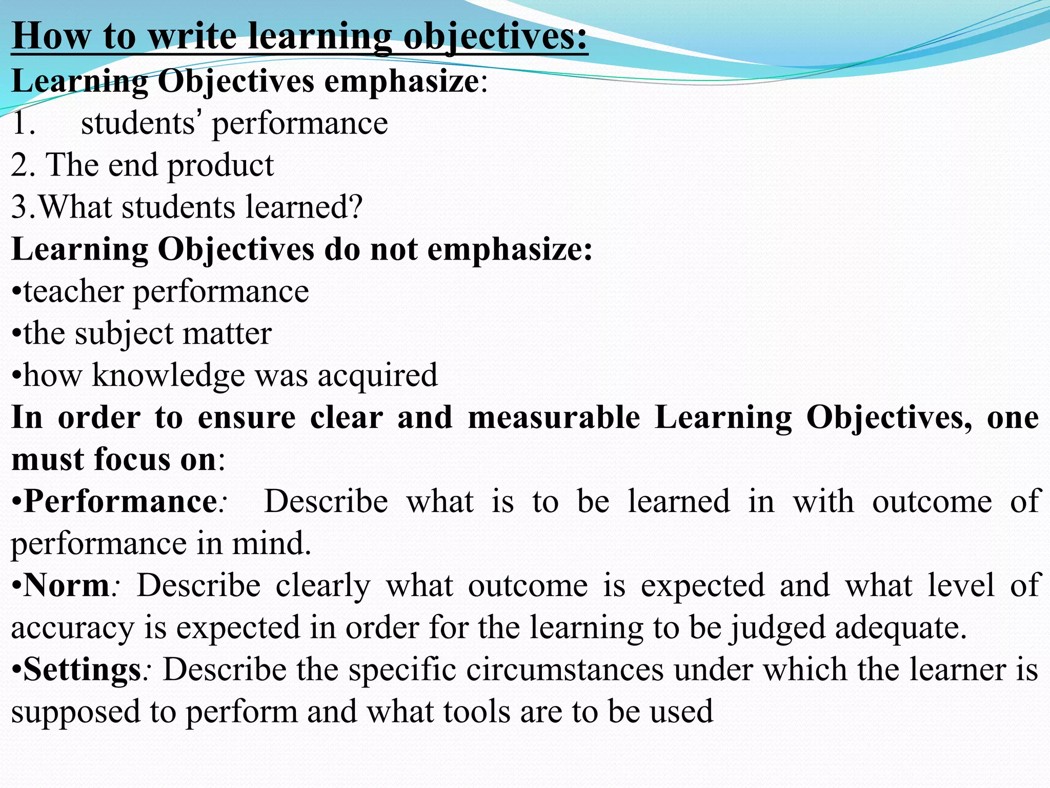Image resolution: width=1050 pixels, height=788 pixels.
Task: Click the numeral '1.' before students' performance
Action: pos(24,123)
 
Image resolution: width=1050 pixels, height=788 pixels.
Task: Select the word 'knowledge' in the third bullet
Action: pos(169,376)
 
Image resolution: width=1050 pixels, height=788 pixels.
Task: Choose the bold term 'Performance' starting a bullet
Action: pos(120,501)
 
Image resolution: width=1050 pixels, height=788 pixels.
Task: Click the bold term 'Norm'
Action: pos(67,585)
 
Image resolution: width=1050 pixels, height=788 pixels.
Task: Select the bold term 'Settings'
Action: pos(82,669)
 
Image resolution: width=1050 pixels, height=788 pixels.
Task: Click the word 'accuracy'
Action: pos(72,628)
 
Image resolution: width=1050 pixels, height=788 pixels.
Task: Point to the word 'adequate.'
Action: pos(901,628)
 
